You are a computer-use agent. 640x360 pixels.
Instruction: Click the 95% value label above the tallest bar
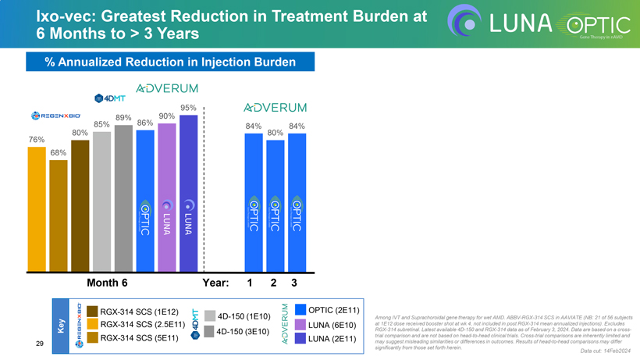click(x=188, y=108)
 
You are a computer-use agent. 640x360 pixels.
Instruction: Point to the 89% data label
click(x=123, y=118)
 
